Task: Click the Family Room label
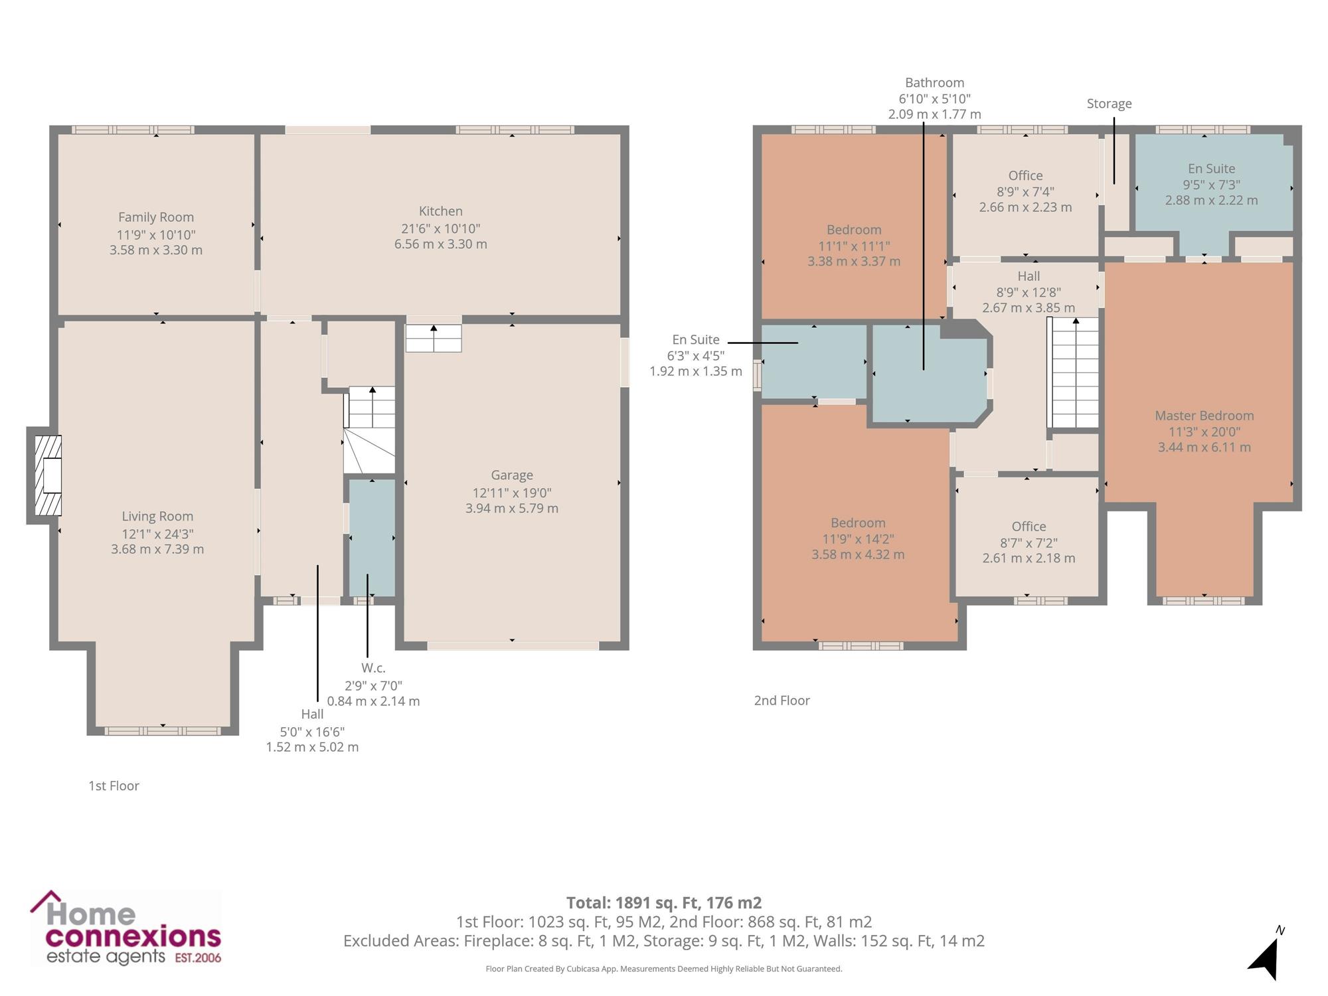[x=156, y=217]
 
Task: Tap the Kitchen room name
[x=441, y=211]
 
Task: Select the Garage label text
[x=512, y=475]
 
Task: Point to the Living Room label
[x=157, y=517]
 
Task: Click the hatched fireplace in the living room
[x=48, y=475]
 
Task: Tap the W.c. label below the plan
[x=373, y=668]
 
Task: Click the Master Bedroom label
[x=1204, y=416]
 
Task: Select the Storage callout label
[x=1110, y=104]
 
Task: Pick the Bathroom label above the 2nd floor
[x=935, y=82]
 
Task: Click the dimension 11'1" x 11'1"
[x=854, y=246]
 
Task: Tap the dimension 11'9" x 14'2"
[x=858, y=539]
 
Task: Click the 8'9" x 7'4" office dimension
[x=1025, y=191]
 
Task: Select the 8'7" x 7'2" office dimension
[x=1029, y=542]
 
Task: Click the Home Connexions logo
[x=126, y=928]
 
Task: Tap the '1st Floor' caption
[x=114, y=786]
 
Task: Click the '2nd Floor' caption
[x=782, y=701]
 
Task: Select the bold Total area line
[x=664, y=903]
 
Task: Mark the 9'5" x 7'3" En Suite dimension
[x=1211, y=185]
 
